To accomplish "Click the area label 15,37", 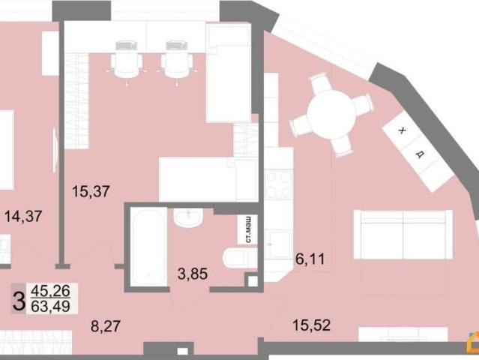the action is tap(91, 191).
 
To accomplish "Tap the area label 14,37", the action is tap(23, 217).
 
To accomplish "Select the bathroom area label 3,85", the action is tap(193, 274).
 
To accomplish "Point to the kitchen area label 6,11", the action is tap(310, 259).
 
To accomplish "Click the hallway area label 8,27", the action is tap(106, 326).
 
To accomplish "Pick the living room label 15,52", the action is tap(311, 325).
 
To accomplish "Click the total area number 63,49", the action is tap(50, 306).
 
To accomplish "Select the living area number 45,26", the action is tap(50, 291).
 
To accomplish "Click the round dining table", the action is tap(331, 114).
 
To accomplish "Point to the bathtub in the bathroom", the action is tap(148, 247).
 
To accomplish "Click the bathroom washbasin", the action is tap(188, 218).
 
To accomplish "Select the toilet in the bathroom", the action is tap(240, 259).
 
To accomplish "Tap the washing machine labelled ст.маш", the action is tap(248, 229).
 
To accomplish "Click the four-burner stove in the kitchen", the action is tap(279, 184).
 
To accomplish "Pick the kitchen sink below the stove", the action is tap(278, 244).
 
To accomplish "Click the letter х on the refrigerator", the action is tap(402, 130).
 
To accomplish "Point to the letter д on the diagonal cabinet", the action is tap(421, 154).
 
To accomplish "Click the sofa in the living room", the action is tap(403, 235).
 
